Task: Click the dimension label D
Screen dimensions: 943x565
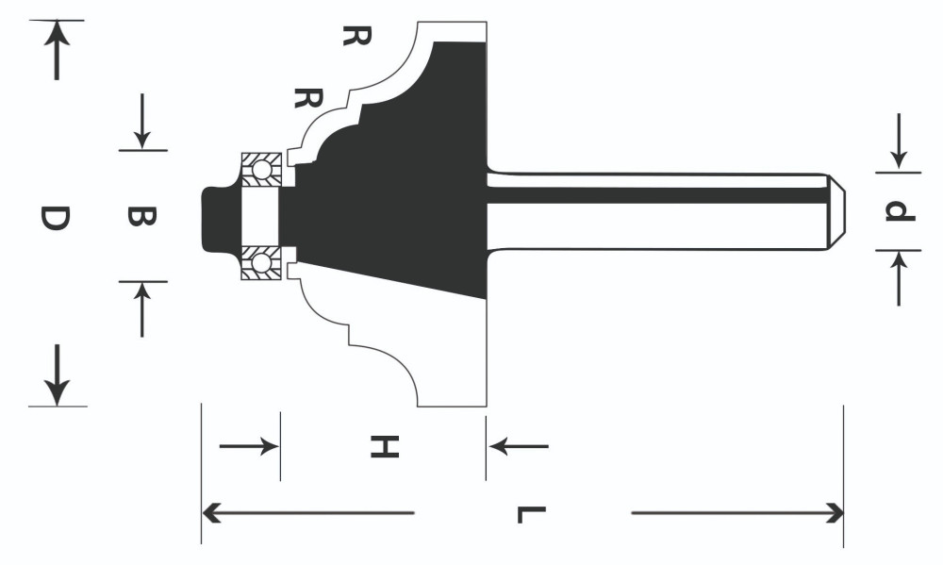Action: pos(55,218)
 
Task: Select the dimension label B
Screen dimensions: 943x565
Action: pos(142,216)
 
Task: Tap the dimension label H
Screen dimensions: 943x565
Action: pos(385,446)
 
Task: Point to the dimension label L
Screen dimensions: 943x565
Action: pos(532,515)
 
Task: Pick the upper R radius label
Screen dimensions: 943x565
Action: pos(356,36)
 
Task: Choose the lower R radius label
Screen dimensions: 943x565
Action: pos(308,97)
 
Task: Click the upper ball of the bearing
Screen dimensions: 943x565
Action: pos(261,170)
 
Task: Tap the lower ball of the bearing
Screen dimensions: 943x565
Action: pos(261,263)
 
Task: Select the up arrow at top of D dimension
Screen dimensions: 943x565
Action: pos(57,50)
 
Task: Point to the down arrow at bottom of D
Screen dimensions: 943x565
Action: pos(58,374)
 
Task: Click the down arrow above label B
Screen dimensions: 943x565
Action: pos(142,121)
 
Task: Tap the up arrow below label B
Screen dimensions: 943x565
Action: pos(142,310)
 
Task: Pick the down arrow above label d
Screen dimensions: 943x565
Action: pos(899,141)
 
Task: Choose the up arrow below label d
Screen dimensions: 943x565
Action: pos(899,278)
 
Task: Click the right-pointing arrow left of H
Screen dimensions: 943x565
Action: pos(249,446)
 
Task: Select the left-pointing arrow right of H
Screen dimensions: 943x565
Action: pos(519,446)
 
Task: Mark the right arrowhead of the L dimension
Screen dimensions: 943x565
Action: pos(833,513)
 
